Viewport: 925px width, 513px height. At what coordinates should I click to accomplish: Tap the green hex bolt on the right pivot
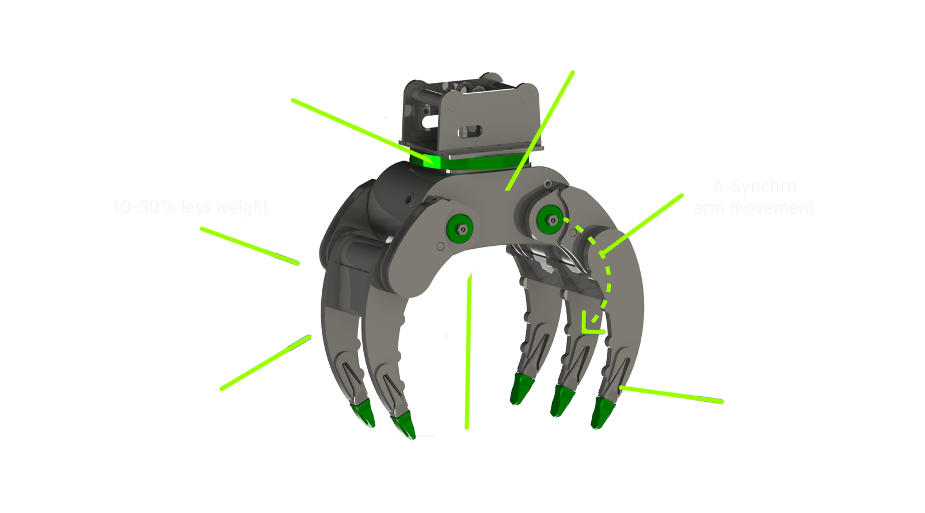(x=550, y=220)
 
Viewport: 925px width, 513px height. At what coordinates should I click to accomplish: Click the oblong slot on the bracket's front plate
(x=469, y=132)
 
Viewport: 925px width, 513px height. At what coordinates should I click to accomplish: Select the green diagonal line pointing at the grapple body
(x=523, y=162)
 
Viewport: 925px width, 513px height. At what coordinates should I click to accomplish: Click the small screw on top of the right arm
(x=547, y=184)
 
